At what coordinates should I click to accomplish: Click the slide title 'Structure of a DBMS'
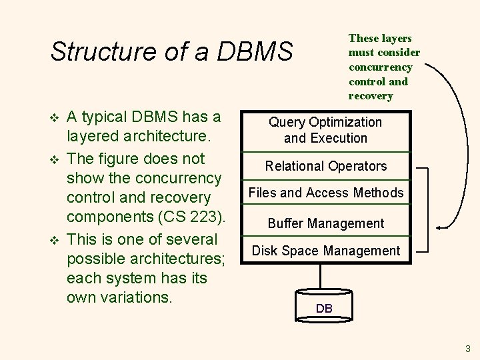coord(171,51)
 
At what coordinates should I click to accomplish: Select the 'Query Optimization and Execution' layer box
coord(325,130)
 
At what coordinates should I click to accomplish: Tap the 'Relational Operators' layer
coord(325,166)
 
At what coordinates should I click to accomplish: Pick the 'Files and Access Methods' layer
coord(325,193)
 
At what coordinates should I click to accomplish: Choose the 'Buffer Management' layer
coord(325,223)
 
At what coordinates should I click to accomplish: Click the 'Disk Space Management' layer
coord(325,251)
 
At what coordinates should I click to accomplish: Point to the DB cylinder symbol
coord(324,303)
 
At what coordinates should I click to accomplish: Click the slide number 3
coord(468,348)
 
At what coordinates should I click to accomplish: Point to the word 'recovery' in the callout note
coord(371,96)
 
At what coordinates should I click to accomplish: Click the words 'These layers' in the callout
coord(380,39)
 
